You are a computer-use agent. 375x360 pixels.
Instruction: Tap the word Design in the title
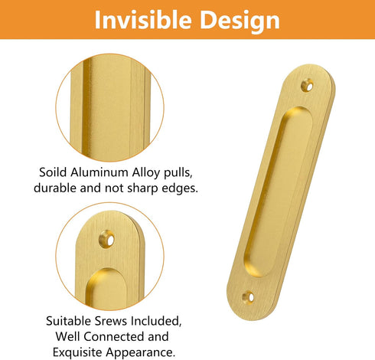238,20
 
